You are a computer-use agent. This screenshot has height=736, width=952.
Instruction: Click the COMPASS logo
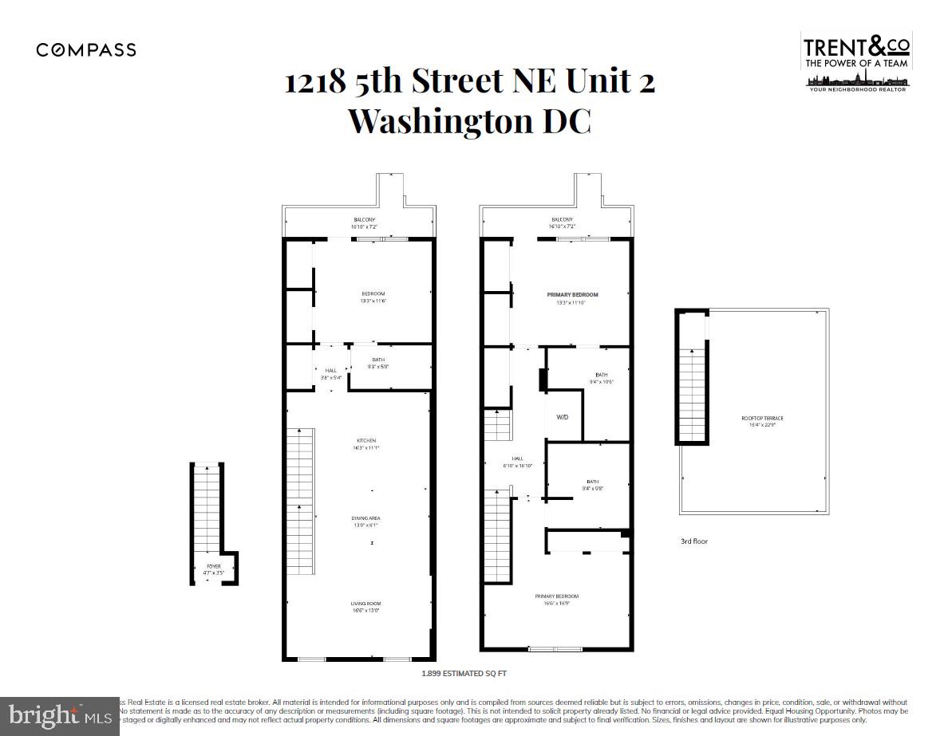pos(86,50)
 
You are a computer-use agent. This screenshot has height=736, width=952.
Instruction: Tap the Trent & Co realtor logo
pos(857,61)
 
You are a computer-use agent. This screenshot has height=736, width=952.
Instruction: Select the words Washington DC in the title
pos(470,121)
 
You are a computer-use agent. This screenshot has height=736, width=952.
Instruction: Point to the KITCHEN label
pos(366,441)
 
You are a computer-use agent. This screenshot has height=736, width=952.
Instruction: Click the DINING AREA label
pos(366,518)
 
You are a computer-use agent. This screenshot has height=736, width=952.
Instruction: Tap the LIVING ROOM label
pos(366,604)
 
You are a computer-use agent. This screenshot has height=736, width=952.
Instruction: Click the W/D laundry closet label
pos(562,416)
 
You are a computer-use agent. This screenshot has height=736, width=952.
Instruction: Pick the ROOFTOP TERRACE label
pos(756,418)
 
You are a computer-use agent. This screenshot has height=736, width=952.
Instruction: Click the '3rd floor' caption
pos(693,541)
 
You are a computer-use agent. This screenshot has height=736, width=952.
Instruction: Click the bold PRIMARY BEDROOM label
pos(572,295)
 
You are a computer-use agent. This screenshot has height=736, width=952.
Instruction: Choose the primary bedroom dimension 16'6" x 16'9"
pos(557,604)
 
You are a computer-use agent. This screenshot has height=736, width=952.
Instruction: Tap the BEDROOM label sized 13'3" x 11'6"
pos(373,294)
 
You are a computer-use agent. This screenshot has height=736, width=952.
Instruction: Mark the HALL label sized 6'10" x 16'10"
pos(517,459)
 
